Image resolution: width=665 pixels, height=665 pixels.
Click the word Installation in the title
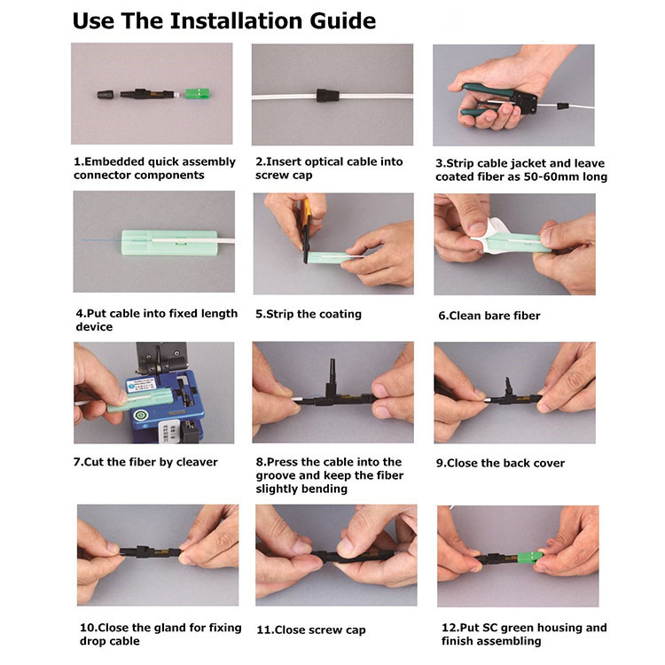point(236,20)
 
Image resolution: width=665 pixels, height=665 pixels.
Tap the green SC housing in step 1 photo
point(197,94)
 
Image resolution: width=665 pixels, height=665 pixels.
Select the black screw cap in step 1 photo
point(106,94)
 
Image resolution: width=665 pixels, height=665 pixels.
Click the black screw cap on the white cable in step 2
point(328,95)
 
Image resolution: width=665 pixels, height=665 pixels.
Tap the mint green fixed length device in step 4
point(169,243)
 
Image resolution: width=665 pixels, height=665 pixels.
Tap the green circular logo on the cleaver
point(139,415)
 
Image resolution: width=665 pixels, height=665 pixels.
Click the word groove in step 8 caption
point(276,476)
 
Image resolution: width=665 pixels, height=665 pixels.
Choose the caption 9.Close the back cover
point(500,463)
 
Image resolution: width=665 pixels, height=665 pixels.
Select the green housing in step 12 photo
point(530,557)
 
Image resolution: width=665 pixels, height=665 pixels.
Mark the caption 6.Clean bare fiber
point(489,316)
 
